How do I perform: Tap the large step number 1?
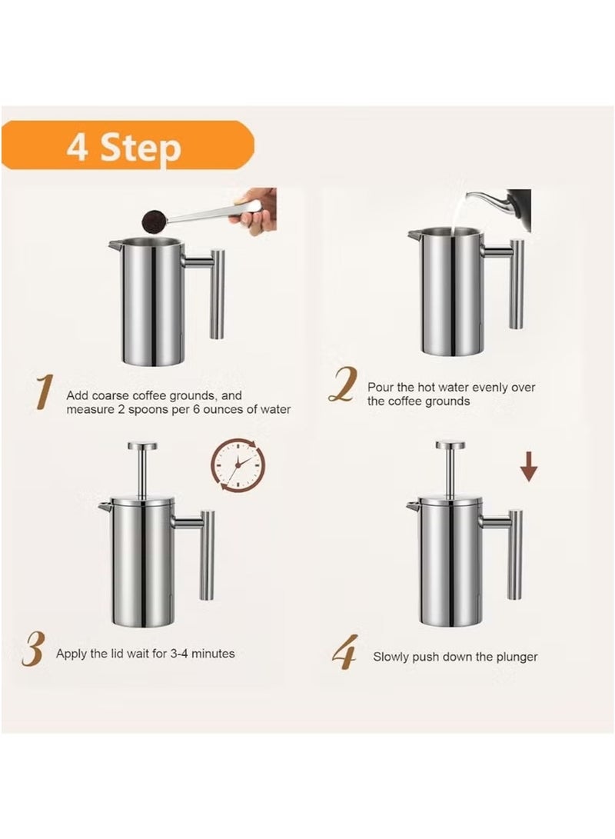point(44,393)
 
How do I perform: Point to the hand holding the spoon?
point(258,208)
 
